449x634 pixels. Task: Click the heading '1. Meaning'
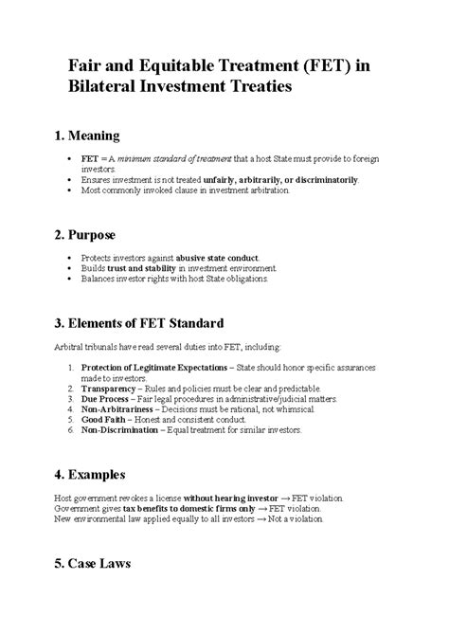(106, 136)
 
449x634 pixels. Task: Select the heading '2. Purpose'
(106, 235)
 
